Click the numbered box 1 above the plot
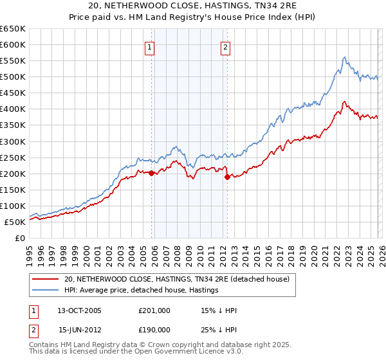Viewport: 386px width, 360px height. pos(150,46)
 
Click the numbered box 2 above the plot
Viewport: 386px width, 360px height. pos(226,46)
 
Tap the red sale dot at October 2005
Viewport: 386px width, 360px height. pos(152,173)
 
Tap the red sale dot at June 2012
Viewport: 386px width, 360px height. pos(227,177)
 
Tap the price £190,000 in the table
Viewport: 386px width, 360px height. pos(154,329)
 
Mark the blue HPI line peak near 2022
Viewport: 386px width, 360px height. pos(345,57)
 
